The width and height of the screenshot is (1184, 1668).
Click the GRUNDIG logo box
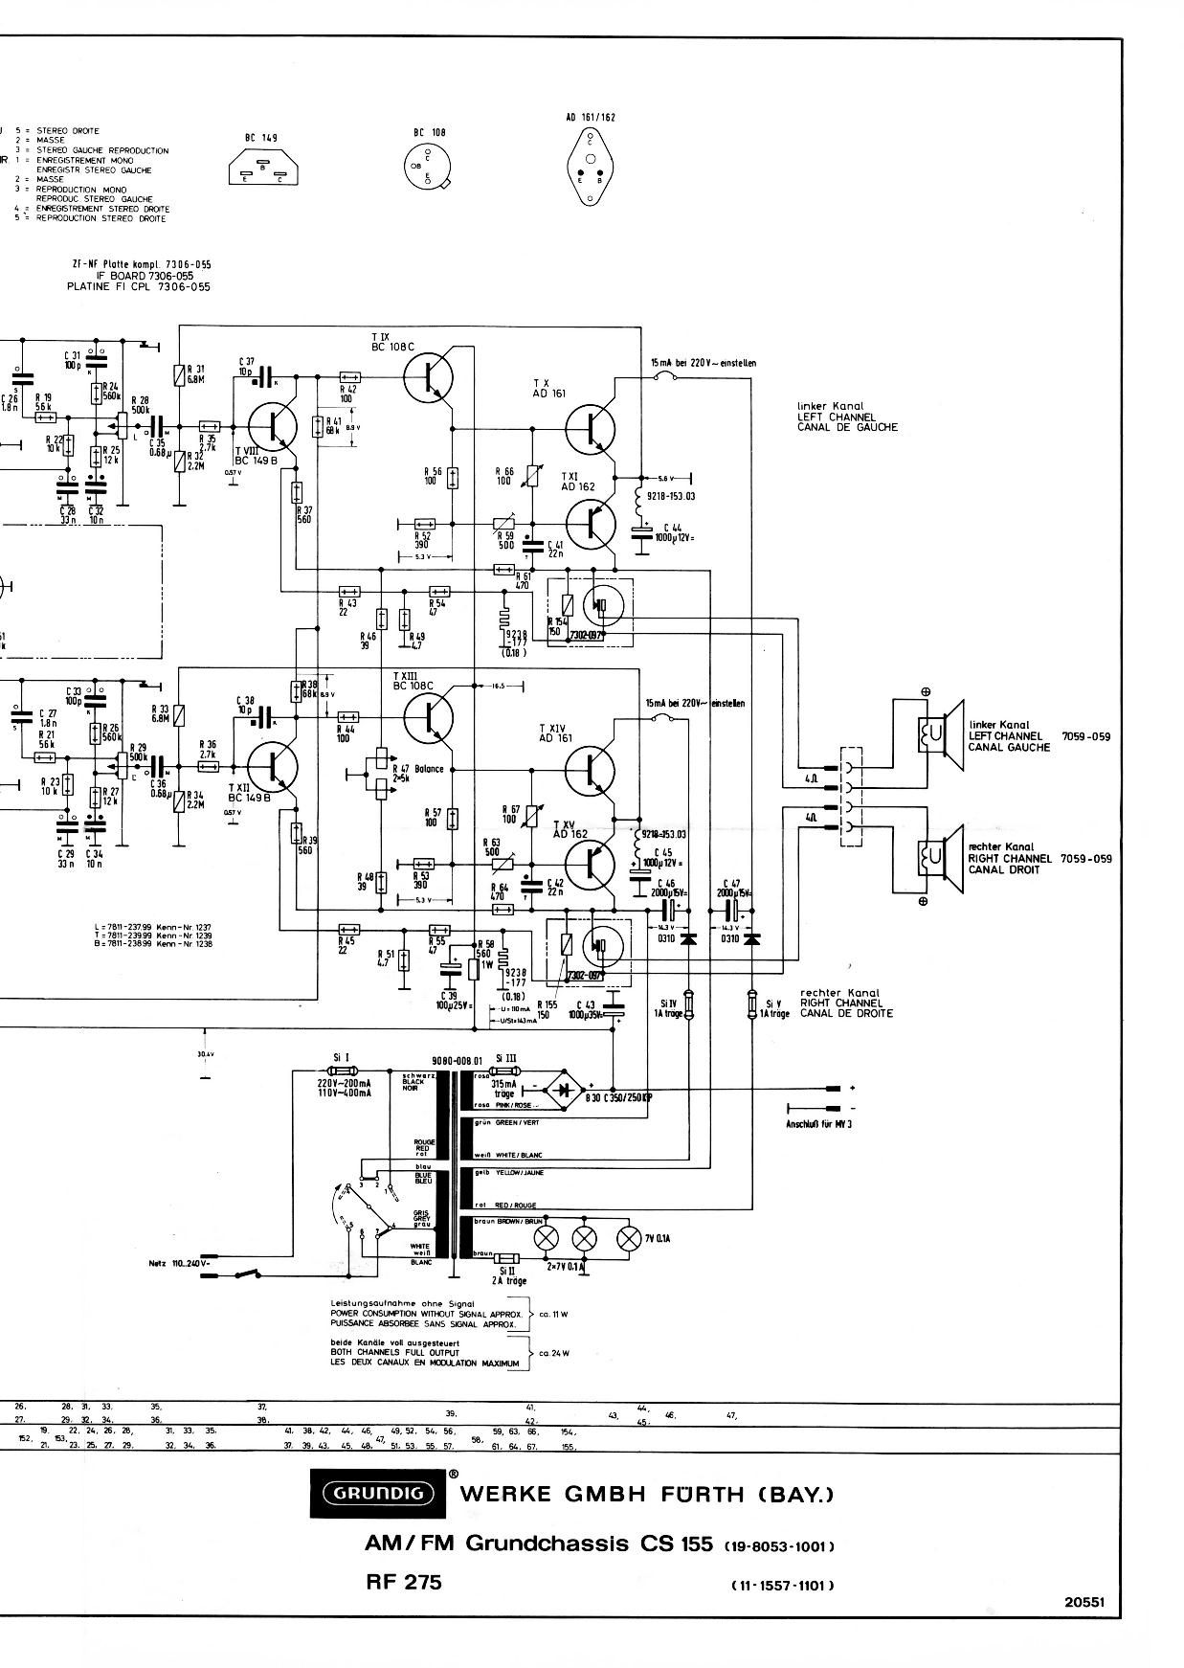pos(379,1492)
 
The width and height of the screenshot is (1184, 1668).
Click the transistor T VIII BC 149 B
pos(274,427)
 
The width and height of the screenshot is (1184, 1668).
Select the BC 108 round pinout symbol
pos(427,168)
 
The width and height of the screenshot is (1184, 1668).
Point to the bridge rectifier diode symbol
pos(570,1089)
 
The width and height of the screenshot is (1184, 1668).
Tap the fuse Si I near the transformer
pos(343,1070)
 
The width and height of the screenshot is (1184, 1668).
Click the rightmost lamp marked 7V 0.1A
pos(629,1238)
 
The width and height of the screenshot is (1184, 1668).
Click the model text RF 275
pos(403,1582)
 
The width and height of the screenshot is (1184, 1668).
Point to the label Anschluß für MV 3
pos(818,1123)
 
